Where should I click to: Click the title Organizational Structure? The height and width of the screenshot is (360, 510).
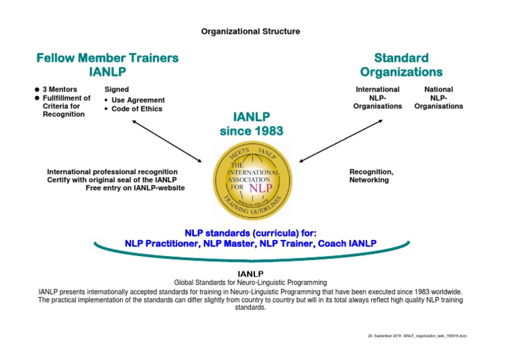point(250,31)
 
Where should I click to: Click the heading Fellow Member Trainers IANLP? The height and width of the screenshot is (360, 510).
point(107,64)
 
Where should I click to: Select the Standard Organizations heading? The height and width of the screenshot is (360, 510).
point(400,64)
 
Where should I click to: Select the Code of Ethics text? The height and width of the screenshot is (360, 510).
point(137,109)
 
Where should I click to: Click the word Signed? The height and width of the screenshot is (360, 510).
point(117,90)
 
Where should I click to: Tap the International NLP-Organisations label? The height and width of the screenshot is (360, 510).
point(377,97)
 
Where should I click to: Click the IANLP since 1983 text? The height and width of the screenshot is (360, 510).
point(251,123)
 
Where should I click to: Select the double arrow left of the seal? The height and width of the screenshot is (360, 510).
point(167,141)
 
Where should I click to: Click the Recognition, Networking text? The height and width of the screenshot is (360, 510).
point(371,176)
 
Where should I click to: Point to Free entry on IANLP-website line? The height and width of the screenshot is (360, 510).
point(135,188)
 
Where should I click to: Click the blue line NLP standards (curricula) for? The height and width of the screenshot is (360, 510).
point(250,233)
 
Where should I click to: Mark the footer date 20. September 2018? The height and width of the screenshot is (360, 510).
point(384,337)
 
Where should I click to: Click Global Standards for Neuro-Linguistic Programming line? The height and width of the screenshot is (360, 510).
point(250,282)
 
